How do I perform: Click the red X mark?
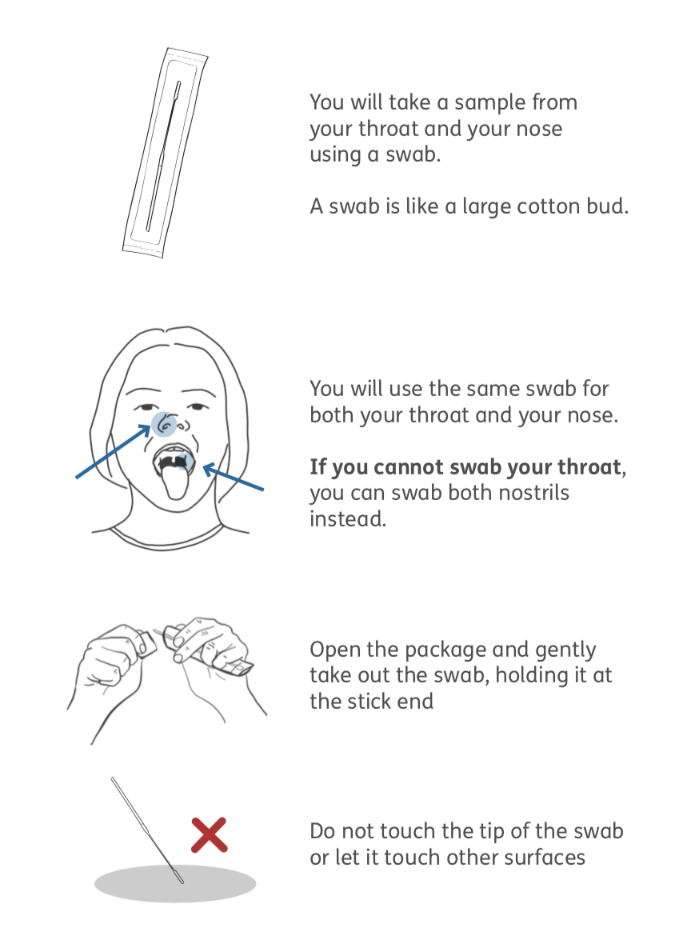(209, 835)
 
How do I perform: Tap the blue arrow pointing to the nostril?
(114, 451)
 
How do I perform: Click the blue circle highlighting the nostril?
(164, 424)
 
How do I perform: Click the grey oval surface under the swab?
(175, 884)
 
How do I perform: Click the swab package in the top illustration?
(165, 153)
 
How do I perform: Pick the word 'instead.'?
(348, 518)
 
